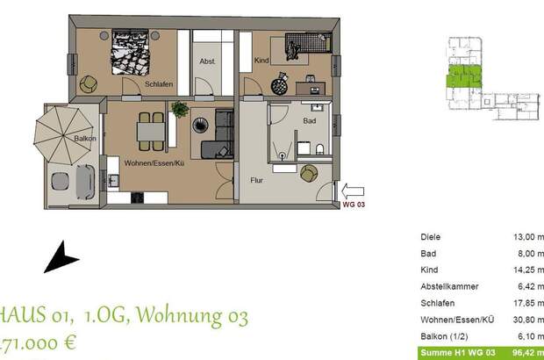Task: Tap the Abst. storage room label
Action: (207, 61)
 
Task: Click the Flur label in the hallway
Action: (257, 181)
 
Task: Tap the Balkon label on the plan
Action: (86, 140)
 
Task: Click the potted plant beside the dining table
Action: (180, 110)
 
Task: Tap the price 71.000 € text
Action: (40, 342)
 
